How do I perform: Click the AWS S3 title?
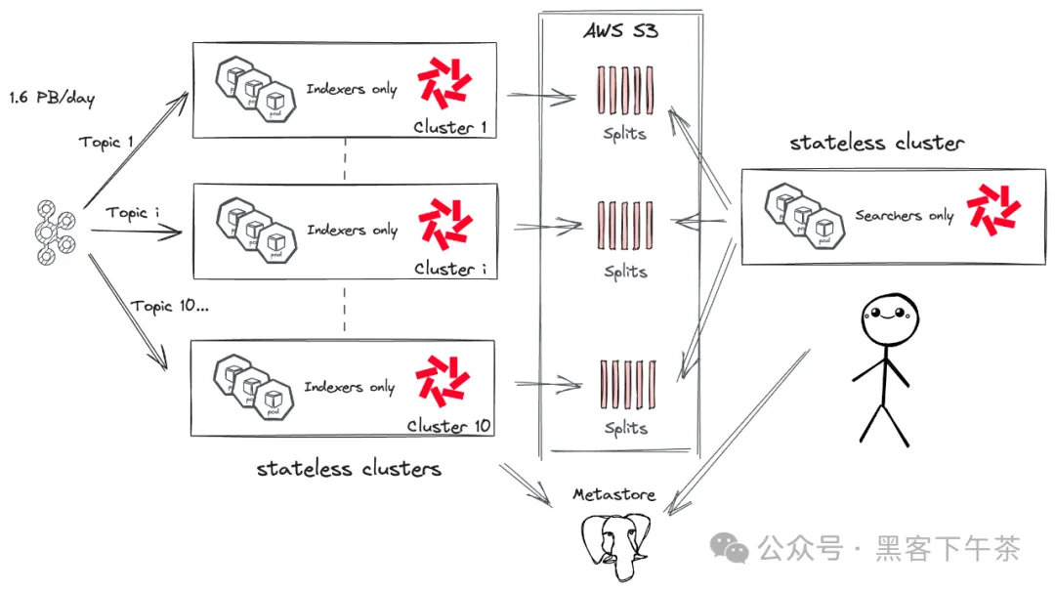click(620, 30)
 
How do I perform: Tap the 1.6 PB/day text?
click(52, 98)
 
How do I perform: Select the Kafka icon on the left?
click(45, 232)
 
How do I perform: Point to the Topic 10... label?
click(170, 306)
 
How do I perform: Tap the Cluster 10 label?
click(450, 426)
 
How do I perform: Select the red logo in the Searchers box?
click(992, 211)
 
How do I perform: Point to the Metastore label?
click(613, 495)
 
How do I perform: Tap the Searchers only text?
click(904, 215)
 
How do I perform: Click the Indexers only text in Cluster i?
click(352, 230)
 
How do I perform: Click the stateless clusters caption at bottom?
click(349, 469)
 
